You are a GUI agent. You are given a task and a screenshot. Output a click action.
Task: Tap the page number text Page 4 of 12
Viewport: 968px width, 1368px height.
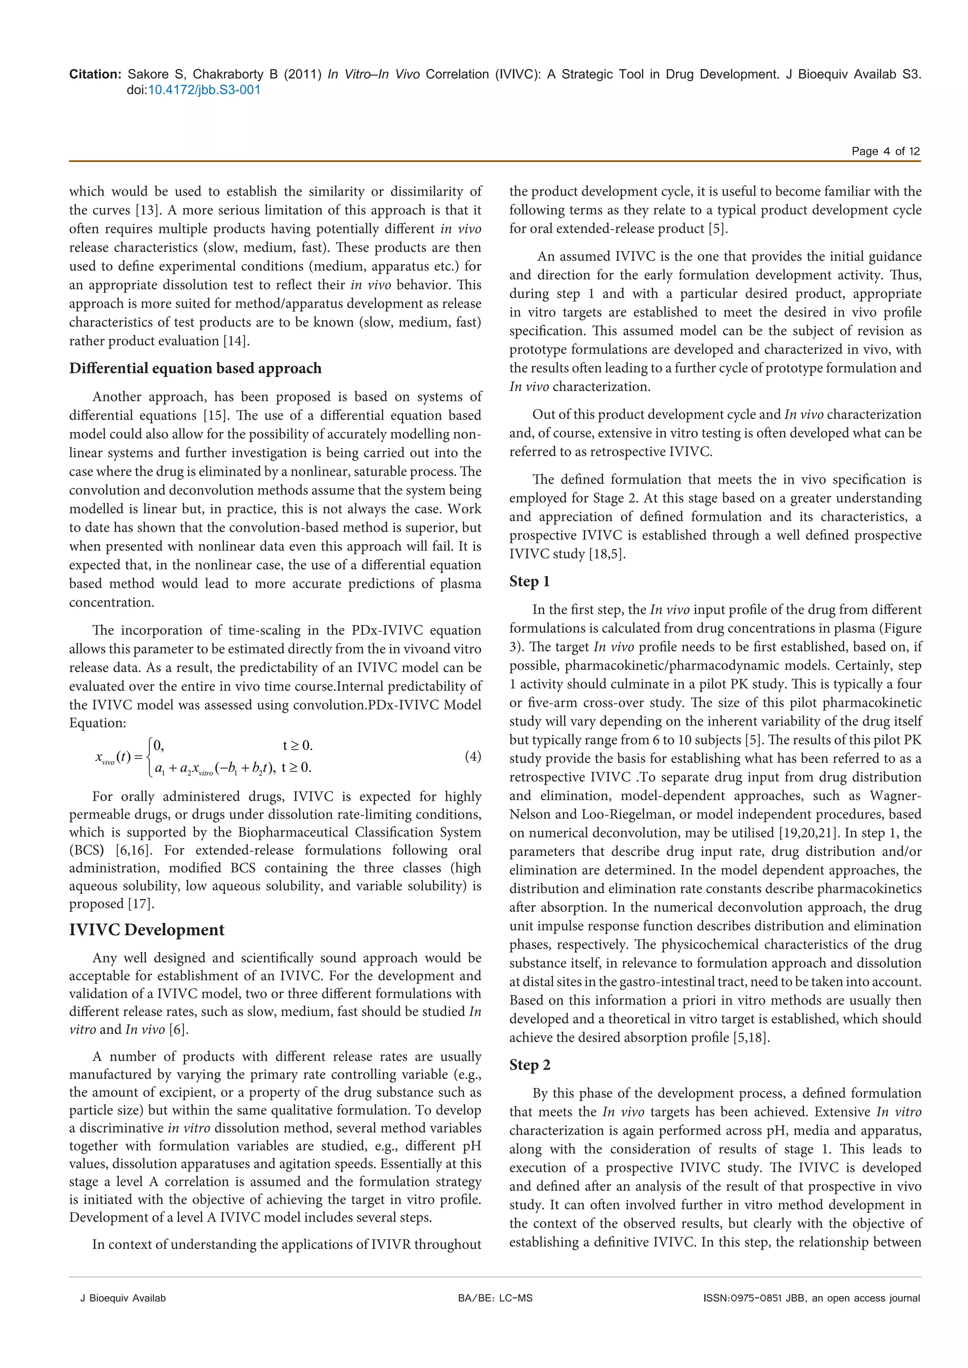click(885, 151)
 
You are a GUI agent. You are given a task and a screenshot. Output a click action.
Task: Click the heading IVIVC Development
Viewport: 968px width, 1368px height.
click(147, 930)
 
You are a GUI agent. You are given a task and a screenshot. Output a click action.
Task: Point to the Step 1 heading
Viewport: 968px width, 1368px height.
click(529, 581)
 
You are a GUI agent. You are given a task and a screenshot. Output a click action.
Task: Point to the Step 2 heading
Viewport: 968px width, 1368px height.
click(529, 1065)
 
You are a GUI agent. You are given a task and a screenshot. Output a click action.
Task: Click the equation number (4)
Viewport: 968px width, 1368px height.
click(472, 757)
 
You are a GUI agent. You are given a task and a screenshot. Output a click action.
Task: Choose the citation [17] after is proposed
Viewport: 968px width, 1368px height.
click(141, 904)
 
